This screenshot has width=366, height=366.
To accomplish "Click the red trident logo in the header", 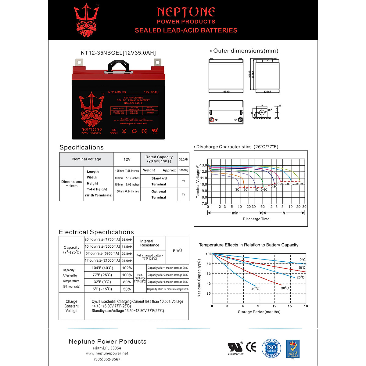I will point(87,20).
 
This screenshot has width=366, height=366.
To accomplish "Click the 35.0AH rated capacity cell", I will point(184,159).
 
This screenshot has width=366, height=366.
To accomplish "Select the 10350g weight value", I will point(184,170).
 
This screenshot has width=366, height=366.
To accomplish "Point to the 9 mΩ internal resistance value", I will point(177,250).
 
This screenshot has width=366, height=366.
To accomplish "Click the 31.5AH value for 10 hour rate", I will point(127,247).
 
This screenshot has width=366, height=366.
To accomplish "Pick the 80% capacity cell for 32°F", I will point(127,282).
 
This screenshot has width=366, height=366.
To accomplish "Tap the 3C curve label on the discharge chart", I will point(237,189).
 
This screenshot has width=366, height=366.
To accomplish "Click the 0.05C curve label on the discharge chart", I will point(300,184).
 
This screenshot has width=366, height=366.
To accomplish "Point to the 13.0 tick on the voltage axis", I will point(203,165).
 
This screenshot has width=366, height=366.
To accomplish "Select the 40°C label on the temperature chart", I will point(255,289).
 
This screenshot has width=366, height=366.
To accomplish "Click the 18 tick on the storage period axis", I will point(306,306).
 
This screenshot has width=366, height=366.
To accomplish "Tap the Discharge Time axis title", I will point(256,219).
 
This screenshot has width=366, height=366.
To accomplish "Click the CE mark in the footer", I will point(251,347).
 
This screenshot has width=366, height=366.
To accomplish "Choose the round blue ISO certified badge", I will point(271,348).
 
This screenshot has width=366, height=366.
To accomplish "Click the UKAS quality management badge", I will point(292,349).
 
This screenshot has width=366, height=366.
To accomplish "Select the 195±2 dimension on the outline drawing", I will point(226,91).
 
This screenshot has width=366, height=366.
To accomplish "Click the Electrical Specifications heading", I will point(96,232).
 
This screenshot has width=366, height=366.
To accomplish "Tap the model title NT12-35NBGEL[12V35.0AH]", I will point(118,53).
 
